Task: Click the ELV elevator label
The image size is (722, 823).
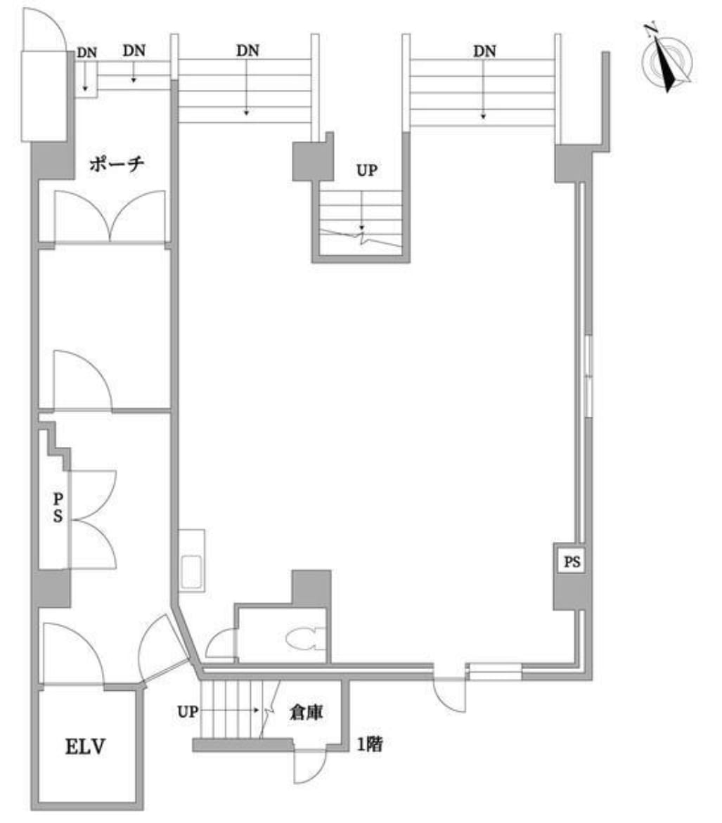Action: [85, 746]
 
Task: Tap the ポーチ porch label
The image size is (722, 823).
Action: [116, 164]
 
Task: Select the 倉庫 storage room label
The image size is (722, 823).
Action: [306, 712]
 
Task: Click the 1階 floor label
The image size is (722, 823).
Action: [370, 744]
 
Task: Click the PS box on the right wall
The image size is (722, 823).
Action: [572, 562]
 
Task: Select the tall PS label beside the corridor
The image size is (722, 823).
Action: [58, 507]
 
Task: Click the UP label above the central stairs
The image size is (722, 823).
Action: [366, 170]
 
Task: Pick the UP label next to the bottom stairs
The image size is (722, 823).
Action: [188, 712]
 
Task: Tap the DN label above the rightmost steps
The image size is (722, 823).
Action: [484, 51]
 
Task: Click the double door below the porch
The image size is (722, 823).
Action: [110, 216]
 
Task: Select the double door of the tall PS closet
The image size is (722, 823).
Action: [92, 519]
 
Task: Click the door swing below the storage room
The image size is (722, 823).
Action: [310, 765]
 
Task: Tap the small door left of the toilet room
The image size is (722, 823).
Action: [221, 643]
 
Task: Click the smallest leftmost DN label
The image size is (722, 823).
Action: [86, 53]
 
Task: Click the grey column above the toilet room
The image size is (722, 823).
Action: [311, 588]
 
